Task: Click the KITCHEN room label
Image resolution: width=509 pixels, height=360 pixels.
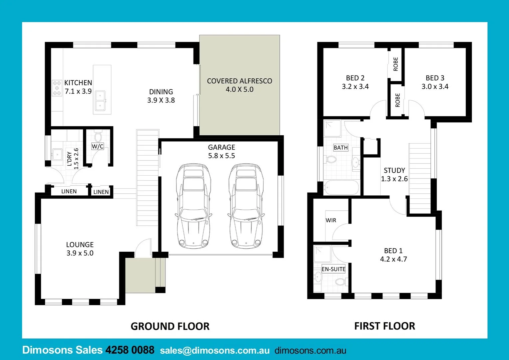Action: tap(78, 83)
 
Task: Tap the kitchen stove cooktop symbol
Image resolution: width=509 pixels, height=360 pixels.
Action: tap(57, 88)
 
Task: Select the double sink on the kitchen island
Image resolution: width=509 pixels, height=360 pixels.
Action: tap(100, 101)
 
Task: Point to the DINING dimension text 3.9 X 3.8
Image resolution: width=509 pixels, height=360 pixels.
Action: tap(161, 100)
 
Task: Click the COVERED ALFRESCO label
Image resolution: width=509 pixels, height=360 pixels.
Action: tap(239, 81)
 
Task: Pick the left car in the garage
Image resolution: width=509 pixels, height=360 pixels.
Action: tap(193, 206)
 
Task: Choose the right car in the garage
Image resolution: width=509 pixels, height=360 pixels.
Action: tap(246, 206)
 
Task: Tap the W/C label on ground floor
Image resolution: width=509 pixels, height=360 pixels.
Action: tap(98, 146)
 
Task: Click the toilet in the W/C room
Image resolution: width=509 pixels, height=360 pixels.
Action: tap(98, 137)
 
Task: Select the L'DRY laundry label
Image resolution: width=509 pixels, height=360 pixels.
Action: tap(69, 159)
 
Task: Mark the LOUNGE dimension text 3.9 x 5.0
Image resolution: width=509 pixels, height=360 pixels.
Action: tap(80, 253)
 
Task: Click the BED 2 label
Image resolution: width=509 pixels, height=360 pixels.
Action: tap(355, 78)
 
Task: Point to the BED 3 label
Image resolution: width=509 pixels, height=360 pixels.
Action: tap(435, 78)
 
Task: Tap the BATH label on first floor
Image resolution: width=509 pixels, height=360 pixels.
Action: tap(340, 148)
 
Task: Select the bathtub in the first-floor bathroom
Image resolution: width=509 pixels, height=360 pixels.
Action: tap(341, 188)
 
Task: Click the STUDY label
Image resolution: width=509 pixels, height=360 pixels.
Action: tap(394, 170)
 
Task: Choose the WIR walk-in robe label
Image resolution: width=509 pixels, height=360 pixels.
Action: tap(331, 220)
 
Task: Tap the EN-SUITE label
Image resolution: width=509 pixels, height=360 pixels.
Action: tap(333, 269)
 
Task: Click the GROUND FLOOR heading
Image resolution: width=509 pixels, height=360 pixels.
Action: tap(170, 326)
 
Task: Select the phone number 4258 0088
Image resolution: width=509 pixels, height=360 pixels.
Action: tap(130, 350)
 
